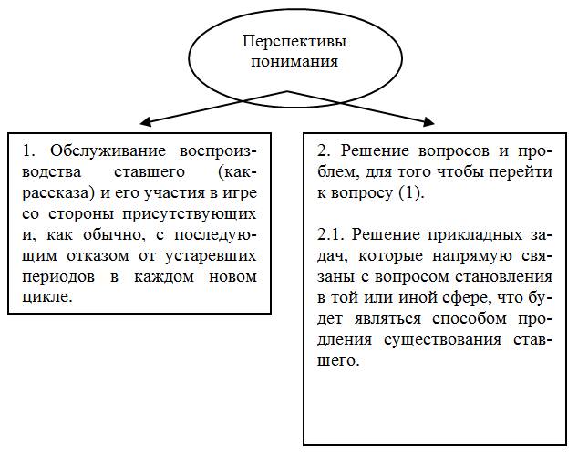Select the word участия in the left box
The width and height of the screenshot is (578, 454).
pos(184,192)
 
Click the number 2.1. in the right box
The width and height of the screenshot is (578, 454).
pos(334,234)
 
